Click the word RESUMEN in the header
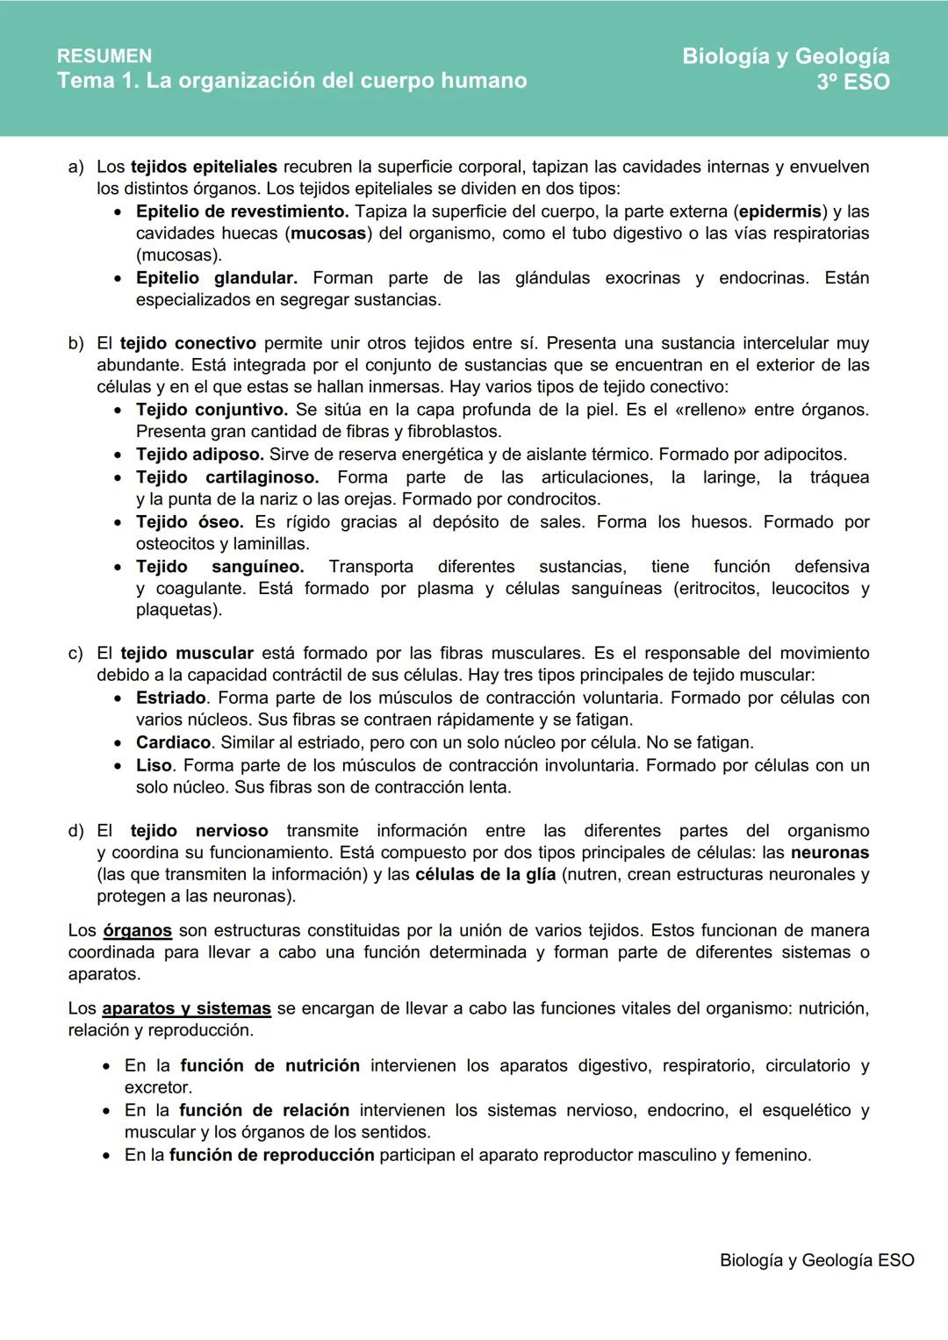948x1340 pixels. [104, 56]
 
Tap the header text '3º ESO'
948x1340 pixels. [852, 82]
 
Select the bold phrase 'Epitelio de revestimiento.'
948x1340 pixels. [242, 211]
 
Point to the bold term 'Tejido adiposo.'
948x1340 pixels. [199, 455]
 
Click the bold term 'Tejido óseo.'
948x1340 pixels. [190, 522]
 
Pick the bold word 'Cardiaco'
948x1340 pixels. [173, 742]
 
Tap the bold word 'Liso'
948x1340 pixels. [154, 765]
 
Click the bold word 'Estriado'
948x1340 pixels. [171, 698]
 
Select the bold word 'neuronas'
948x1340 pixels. [829, 852]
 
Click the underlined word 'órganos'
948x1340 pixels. [137, 930]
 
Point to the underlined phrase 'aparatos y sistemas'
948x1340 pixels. [186, 1008]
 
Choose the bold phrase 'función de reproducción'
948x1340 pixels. [271, 1155]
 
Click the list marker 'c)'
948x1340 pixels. [75, 654]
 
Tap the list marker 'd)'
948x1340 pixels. [75, 831]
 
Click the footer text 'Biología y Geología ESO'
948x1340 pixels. [816, 1260]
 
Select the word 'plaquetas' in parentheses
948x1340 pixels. [174, 610]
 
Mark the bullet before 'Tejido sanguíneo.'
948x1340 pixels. [118, 568]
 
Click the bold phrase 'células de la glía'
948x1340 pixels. [485, 875]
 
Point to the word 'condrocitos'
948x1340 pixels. [553, 499]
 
